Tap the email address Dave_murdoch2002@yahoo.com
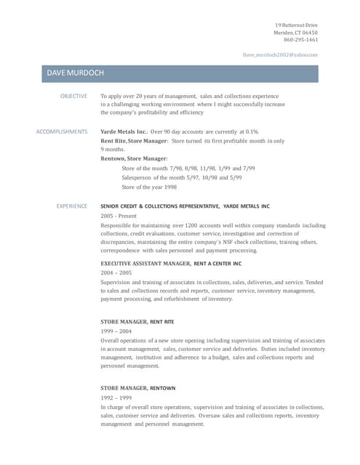(280, 54)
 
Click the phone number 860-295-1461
(301, 40)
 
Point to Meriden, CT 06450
(297, 33)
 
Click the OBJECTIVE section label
(73, 96)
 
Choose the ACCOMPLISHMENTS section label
(62, 132)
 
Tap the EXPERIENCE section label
(72, 206)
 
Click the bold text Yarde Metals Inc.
(124, 132)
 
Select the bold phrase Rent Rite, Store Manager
(134, 140)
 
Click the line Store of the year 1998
(148, 187)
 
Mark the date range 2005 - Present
(118, 216)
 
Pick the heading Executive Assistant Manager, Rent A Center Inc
(170, 263)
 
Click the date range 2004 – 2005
(116, 272)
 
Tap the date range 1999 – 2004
(116, 331)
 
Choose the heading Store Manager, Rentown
(137, 388)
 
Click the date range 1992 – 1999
(116, 398)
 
